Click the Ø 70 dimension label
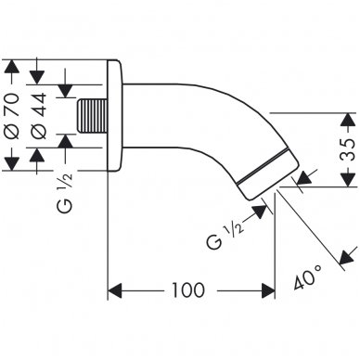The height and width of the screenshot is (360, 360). (x=13, y=115)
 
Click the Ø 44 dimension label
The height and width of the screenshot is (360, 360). (x=39, y=115)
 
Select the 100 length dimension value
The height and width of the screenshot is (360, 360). (x=188, y=289)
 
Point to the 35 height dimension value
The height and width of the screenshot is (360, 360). (x=348, y=149)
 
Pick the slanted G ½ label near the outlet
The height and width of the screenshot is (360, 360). (x=225, y=235)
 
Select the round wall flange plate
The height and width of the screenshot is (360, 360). (x=115, y=115)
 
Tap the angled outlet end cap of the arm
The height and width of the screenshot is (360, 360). (x=268, y=174)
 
